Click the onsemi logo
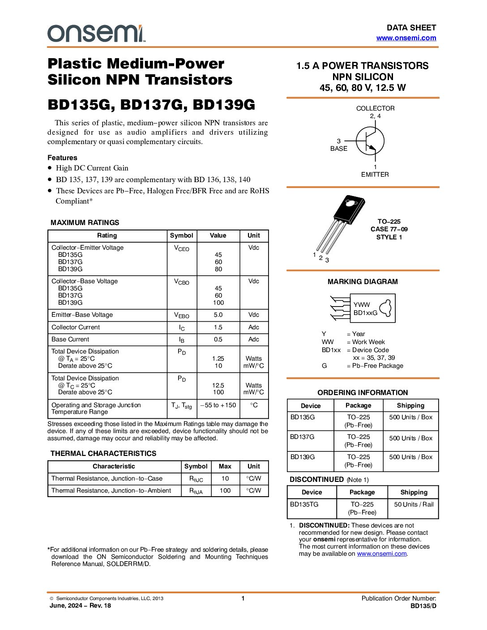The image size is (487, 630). click(96, 34)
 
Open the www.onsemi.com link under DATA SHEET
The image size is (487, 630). click(406, 38)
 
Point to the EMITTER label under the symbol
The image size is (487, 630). click(375, 175)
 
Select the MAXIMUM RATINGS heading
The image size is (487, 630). click(85, 222)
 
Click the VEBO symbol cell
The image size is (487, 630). click(181, 315)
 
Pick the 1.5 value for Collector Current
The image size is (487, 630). click(218, 327)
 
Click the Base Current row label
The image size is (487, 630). click(70, 339)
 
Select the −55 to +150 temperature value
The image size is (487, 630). click(218, 405)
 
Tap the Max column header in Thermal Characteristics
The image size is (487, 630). click(225, 466)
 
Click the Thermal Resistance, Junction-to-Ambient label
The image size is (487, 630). click(111, 490)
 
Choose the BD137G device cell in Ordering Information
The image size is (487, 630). click(303, 437)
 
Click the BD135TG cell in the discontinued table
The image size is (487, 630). click(304, 504)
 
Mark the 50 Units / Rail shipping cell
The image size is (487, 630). click(414, 504)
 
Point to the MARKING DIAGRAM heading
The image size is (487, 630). click(363, 281)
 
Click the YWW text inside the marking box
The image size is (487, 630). click(362, 305)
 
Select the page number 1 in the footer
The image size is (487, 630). click(243, 598)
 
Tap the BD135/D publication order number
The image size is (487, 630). click(423, 606)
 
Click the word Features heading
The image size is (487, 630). click(62, 157)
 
